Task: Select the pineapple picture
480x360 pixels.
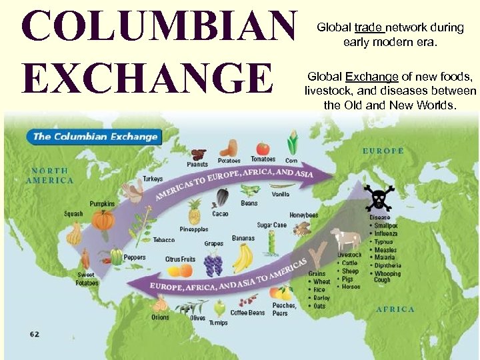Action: click(x=194, y=212)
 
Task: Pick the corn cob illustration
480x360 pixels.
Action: click(x=292, y=144)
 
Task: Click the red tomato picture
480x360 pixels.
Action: click(x=263, y=148)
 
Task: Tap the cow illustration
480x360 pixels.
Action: click(x=347, y=239)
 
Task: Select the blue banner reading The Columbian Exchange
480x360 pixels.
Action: click(x=95, y=137)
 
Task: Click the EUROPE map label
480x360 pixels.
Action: click(x=383, y=151)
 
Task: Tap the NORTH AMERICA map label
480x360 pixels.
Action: click(x=50, y=175)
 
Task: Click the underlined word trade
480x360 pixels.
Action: click(x=368, y=27)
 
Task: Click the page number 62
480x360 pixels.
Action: click(x=34, y=333)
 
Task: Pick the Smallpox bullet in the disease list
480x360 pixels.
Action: click(x=386, y=225)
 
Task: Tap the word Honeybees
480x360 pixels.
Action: click(x=304, y=215)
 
